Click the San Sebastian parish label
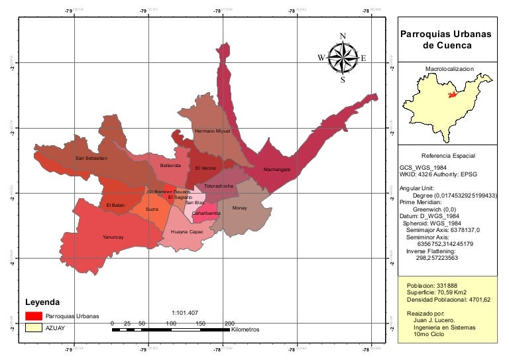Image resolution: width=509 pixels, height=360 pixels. [91, 158]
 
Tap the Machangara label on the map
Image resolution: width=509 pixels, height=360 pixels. [276, 170]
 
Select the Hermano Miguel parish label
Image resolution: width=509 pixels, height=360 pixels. [212, 131]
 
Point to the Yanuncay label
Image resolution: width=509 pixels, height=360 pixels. [113, 237]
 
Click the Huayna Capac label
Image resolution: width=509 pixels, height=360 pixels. [187, 232]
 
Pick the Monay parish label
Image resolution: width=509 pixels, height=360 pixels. [239, 208]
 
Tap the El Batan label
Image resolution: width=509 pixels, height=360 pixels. [115, 206]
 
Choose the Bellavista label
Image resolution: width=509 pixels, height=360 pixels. [170, 165]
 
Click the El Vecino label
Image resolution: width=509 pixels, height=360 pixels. [205, 168]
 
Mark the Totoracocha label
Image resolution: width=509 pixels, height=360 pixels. [219, 186]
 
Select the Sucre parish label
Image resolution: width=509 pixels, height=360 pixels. [152, 209]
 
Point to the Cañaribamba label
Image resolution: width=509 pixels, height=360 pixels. [206, 213]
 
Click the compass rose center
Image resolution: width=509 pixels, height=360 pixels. [343, 58]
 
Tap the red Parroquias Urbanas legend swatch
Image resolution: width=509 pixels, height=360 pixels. [34, 316]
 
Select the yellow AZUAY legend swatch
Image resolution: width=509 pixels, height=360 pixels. [34, 328]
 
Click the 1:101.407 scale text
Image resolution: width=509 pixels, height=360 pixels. [185, 312]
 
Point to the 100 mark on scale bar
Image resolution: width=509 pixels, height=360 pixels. [171, 323]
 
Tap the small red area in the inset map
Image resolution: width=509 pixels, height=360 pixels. [453, 95]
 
